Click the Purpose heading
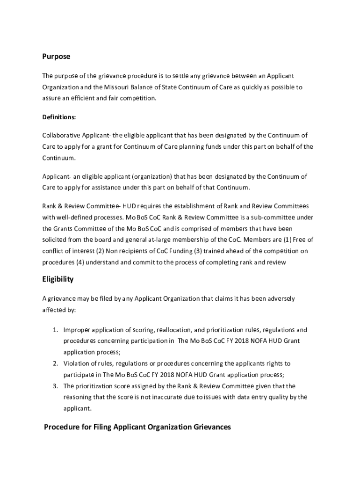coord(56,56)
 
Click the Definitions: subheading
coord(59,117)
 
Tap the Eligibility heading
coord(58,279)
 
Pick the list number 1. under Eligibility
coord(55,330)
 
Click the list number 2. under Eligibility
coord(55,363)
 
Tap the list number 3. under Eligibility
coord(55,386)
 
